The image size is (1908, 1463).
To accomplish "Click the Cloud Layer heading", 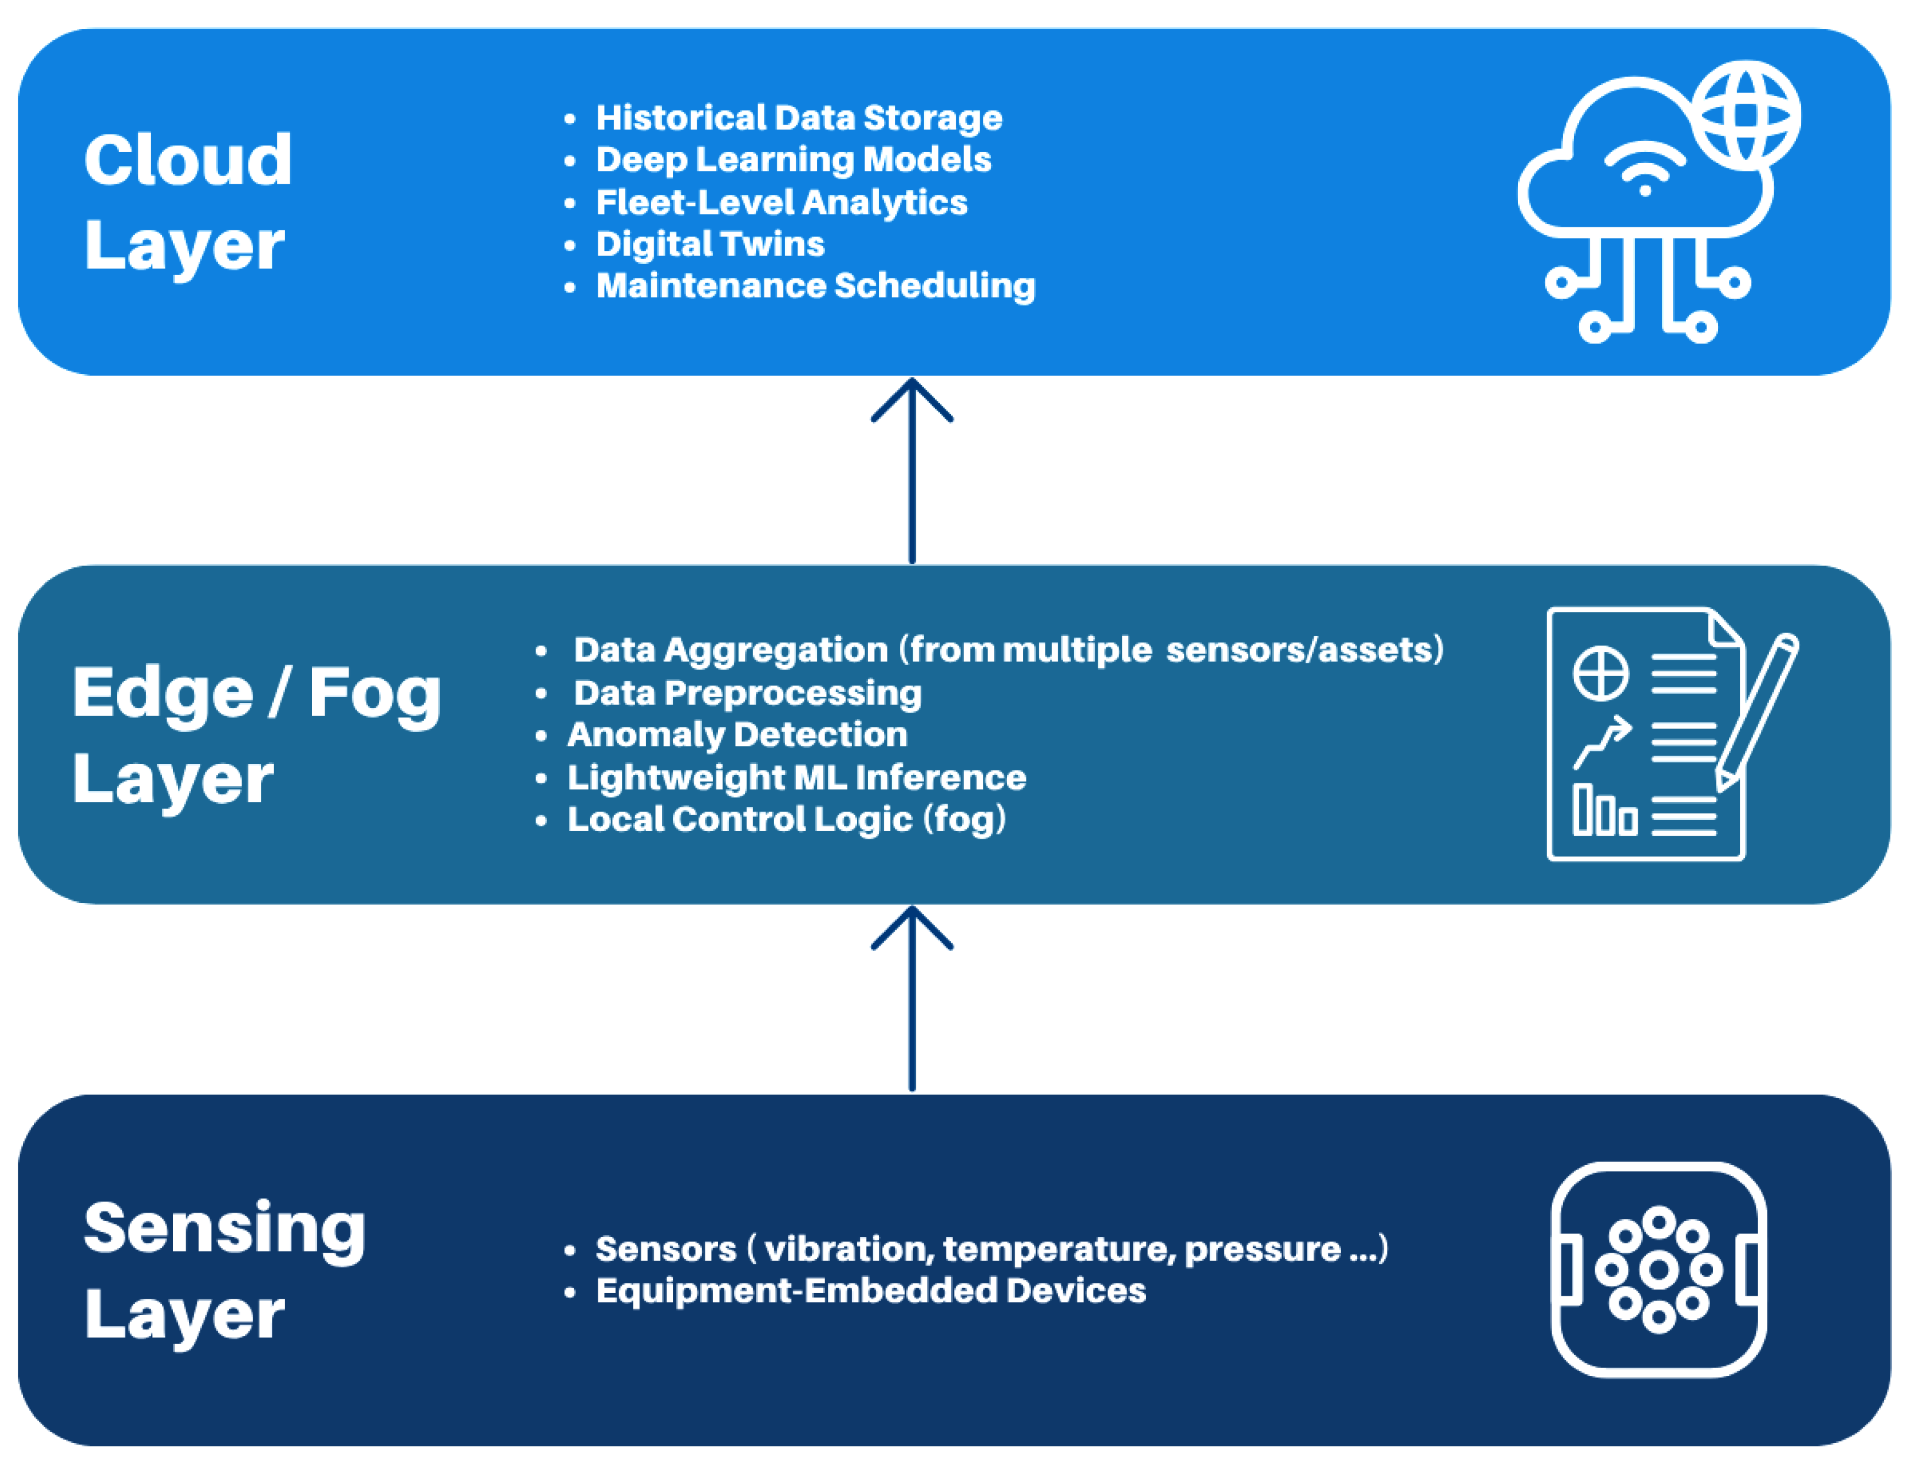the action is pyautogui.click(x=188, y=204).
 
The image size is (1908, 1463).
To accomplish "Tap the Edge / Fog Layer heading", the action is pyautogui.click(x=257, y=736).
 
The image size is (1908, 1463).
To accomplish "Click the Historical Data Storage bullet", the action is pyautogui.click(x=799, y=118).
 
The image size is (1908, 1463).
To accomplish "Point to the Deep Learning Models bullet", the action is pyautogui.click(x=793, y=160).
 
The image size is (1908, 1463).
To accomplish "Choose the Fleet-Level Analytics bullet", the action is pyautogui.click(x=781, y=202).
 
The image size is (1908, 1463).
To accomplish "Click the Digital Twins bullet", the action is pyautogui.click(x=710, y=244).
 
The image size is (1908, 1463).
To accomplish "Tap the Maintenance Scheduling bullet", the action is pyautogui.click(x=815, y=286).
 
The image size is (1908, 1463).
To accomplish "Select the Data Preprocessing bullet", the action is pyautogui.click(x=747, y=694).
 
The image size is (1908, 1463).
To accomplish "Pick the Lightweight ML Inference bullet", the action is pyautogui.click(x=797, y=777).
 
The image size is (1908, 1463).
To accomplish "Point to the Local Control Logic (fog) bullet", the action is pyautogui.click(x=786, y=819).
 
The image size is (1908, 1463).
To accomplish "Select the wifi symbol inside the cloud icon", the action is pyautogui.click(x=1644, y=169).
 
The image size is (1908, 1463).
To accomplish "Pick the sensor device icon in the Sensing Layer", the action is pyautogui.click(x=1659, y=1270).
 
